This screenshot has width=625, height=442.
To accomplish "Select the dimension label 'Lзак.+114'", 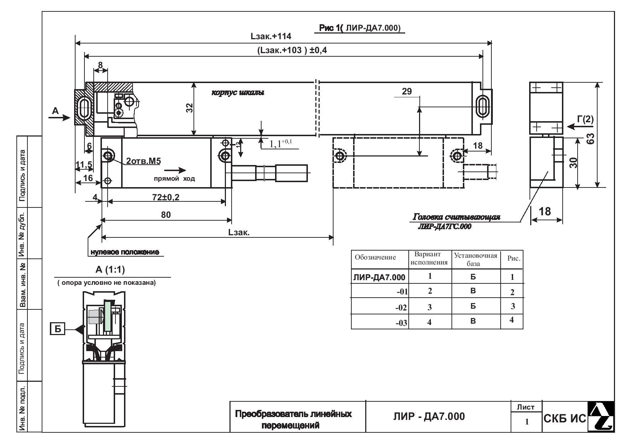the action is [x=271, y=36].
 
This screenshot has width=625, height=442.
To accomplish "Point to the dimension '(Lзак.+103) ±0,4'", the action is [x=292, y=50].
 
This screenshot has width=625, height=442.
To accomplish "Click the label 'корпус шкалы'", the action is [x=238, y=93].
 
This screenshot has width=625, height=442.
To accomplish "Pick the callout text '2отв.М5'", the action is [x=143, y=161].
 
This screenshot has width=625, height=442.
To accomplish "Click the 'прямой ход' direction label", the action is [x=174, y=179].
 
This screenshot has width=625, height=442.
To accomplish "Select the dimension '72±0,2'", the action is [x=166, y=197].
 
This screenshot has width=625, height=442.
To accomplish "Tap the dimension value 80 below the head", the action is [x=166, y=215].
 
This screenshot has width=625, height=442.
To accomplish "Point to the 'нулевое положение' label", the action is [x=124, y=252].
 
